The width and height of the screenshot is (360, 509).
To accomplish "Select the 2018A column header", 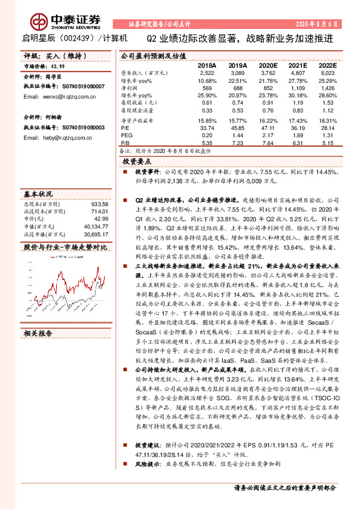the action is (207, 65).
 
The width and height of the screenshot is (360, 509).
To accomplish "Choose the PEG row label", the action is (127, 136).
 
